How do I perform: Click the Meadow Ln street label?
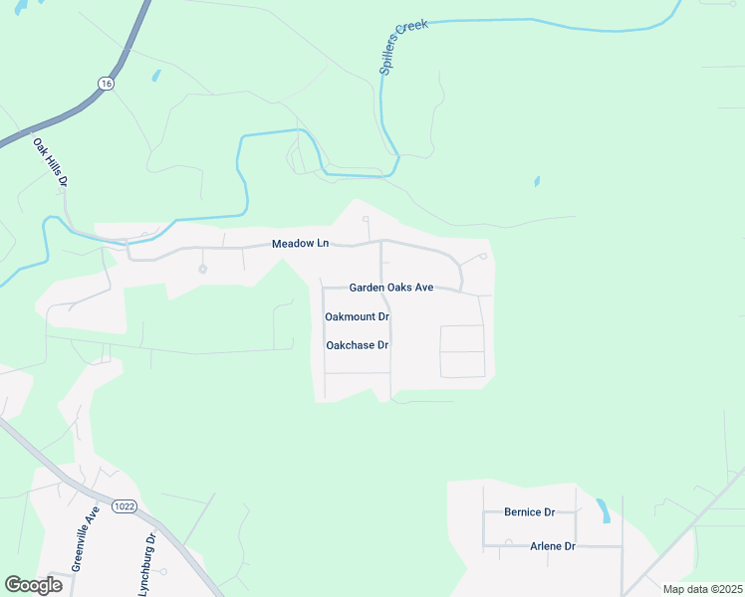click(301, 244)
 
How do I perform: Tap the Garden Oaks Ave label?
click(391, 288)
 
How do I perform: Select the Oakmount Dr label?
click(357, 316)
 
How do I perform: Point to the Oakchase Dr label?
click(357, 345)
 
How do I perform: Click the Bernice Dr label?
click(529, 512)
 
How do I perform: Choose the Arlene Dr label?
click(553, 546)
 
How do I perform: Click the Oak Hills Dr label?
click(51, 165)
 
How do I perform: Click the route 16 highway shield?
click(106, 85)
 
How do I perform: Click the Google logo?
click(34, 585)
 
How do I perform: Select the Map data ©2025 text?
click(701, 589)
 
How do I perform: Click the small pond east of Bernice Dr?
click(604, 511)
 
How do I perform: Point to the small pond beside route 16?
click(155, 75)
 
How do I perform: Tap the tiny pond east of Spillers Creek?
click(537, 181)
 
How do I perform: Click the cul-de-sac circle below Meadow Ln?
click(203, 269)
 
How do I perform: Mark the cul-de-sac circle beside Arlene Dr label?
click(508, 543)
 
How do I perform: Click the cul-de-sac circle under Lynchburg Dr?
click(163, 571)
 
